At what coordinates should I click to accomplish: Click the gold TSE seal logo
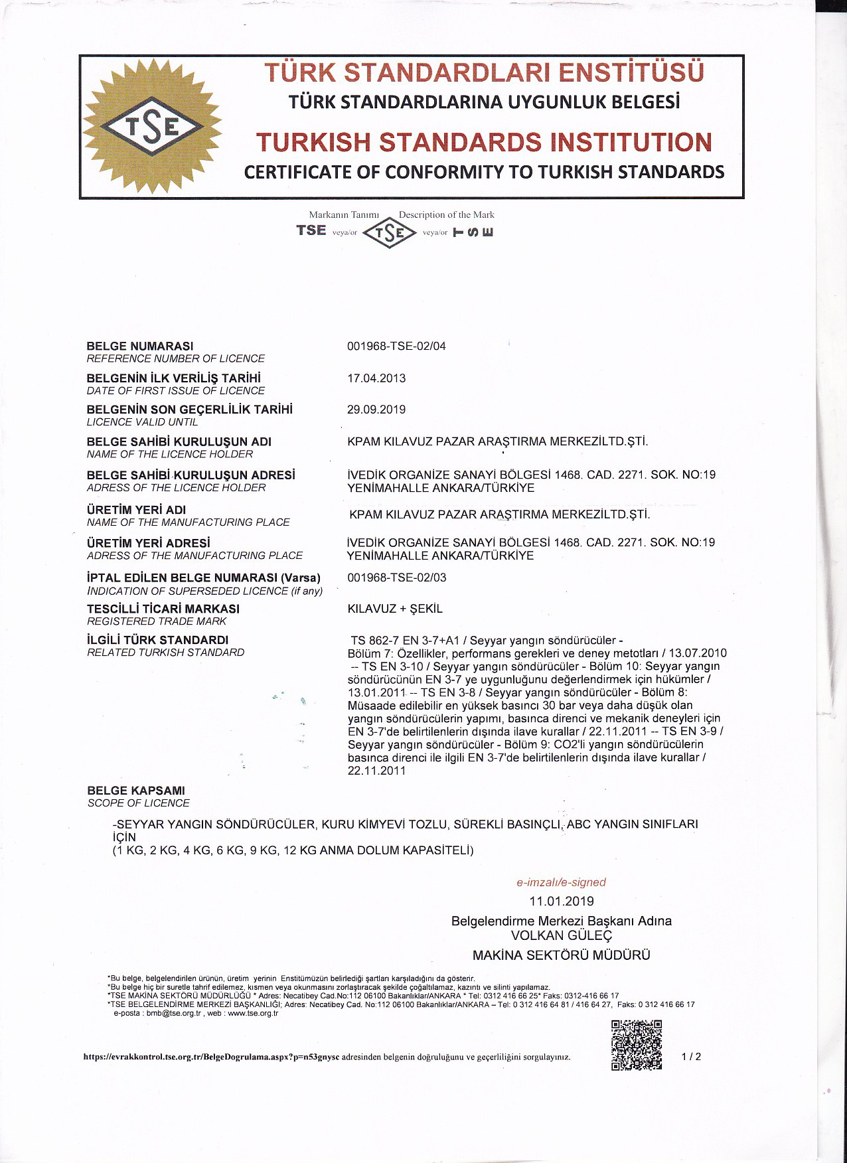153,126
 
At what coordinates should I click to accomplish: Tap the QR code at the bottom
636,1045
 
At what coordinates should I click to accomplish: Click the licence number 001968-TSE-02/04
396,346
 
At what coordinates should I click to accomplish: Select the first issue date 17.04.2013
376,378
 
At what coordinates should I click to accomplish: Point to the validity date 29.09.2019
376,410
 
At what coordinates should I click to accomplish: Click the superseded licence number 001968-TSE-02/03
396,578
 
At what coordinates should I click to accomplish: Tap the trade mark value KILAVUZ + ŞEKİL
395,609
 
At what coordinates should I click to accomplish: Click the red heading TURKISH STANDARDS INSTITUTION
484,142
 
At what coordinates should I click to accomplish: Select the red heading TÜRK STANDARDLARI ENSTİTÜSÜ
484,72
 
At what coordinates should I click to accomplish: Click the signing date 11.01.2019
562,901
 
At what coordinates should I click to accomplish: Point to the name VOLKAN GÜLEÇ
562,935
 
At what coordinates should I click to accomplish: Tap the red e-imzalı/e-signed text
562,882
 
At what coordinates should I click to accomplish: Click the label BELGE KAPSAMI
136,791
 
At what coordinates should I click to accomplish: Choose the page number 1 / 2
691,1057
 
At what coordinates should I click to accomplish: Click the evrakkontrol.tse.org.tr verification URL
212,1057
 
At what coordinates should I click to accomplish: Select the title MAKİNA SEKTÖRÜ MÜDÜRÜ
562,955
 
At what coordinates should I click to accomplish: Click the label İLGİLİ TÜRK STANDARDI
157,640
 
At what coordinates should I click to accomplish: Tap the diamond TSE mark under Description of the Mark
390,232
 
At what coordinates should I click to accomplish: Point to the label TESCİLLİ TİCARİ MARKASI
163,609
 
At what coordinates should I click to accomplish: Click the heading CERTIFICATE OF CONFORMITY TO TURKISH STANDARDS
484,172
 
